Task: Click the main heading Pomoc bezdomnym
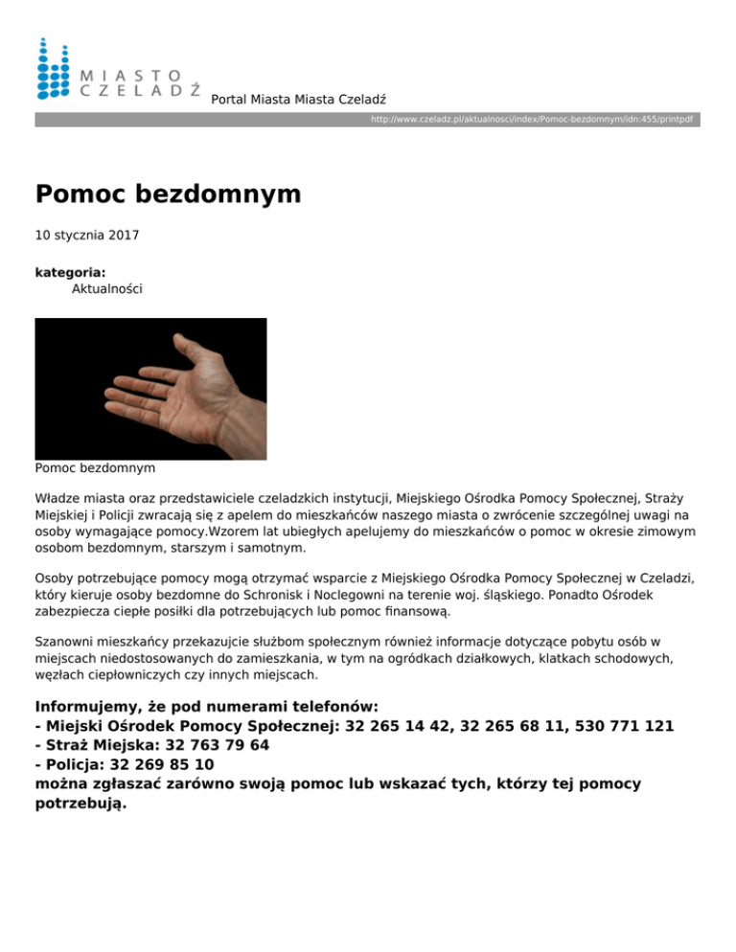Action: pos(168,194)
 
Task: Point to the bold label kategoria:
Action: pos(70,272)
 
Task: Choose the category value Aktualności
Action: pos(107,287)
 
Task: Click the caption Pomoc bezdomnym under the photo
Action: pos(95,469)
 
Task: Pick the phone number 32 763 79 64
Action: pos(208,745)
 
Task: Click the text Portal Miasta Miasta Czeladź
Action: pos(299,99)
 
